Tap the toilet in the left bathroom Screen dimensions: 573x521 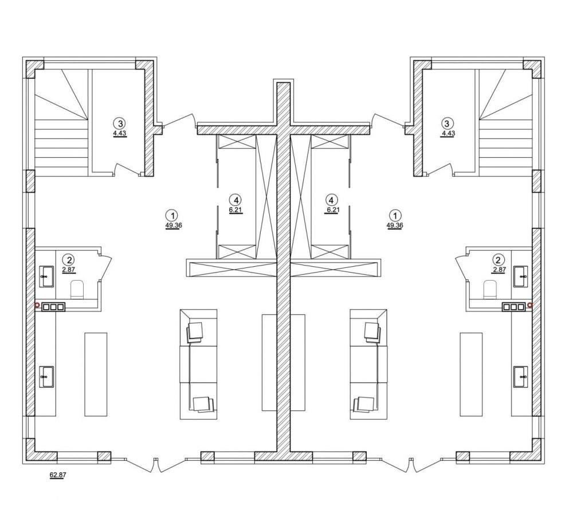[77, 289]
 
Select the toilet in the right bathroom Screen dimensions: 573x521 [490, 289]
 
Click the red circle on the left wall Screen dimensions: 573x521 [37, 305]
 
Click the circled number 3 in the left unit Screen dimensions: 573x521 [120, 123]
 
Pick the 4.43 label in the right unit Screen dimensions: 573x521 [448, 134]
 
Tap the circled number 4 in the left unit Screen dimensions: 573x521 [236, 200]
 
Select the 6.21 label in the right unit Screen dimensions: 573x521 [331, 211]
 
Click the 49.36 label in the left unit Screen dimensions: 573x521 [174, 225]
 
